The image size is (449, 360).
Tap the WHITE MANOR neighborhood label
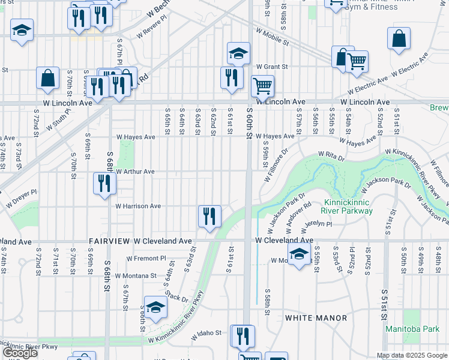pos(316,317)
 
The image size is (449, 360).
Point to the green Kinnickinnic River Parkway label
pos(348,206)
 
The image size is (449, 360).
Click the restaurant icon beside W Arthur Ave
pos(104,182)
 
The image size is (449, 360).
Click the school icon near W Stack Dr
pos(155,308)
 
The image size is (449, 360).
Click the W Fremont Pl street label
pos(146,259)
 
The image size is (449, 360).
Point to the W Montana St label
pos(136,275)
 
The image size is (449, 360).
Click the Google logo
pos(20,353)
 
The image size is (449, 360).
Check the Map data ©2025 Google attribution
pos(411,356)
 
